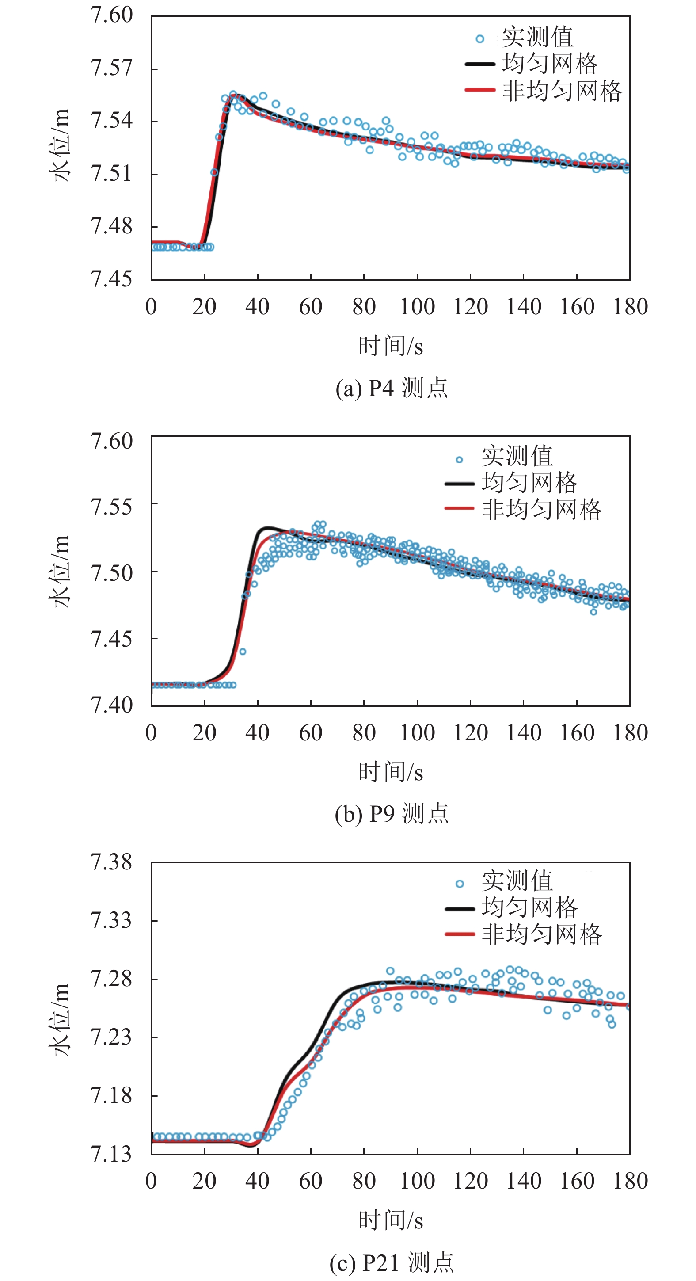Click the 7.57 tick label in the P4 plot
click(x=111, y=68)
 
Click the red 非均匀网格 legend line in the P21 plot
click(x=460, y=934)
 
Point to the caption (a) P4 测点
click(x=391, y=388)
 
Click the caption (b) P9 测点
click(x=391, y=813)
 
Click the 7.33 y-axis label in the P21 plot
click(x=111, y=920)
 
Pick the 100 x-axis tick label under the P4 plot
click(x=417, y=307)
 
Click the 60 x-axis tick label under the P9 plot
click(x=311, y=733)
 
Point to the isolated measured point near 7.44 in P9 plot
click(x=243, y=652)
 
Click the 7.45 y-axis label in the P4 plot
click(x=111, y=279)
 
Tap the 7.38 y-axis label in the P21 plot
click(x=111, y=862)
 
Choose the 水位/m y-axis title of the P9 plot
click(x=60, y=572)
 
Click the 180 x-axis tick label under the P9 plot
click(x=630, y=733)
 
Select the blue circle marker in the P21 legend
click(x=460, y=884)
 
